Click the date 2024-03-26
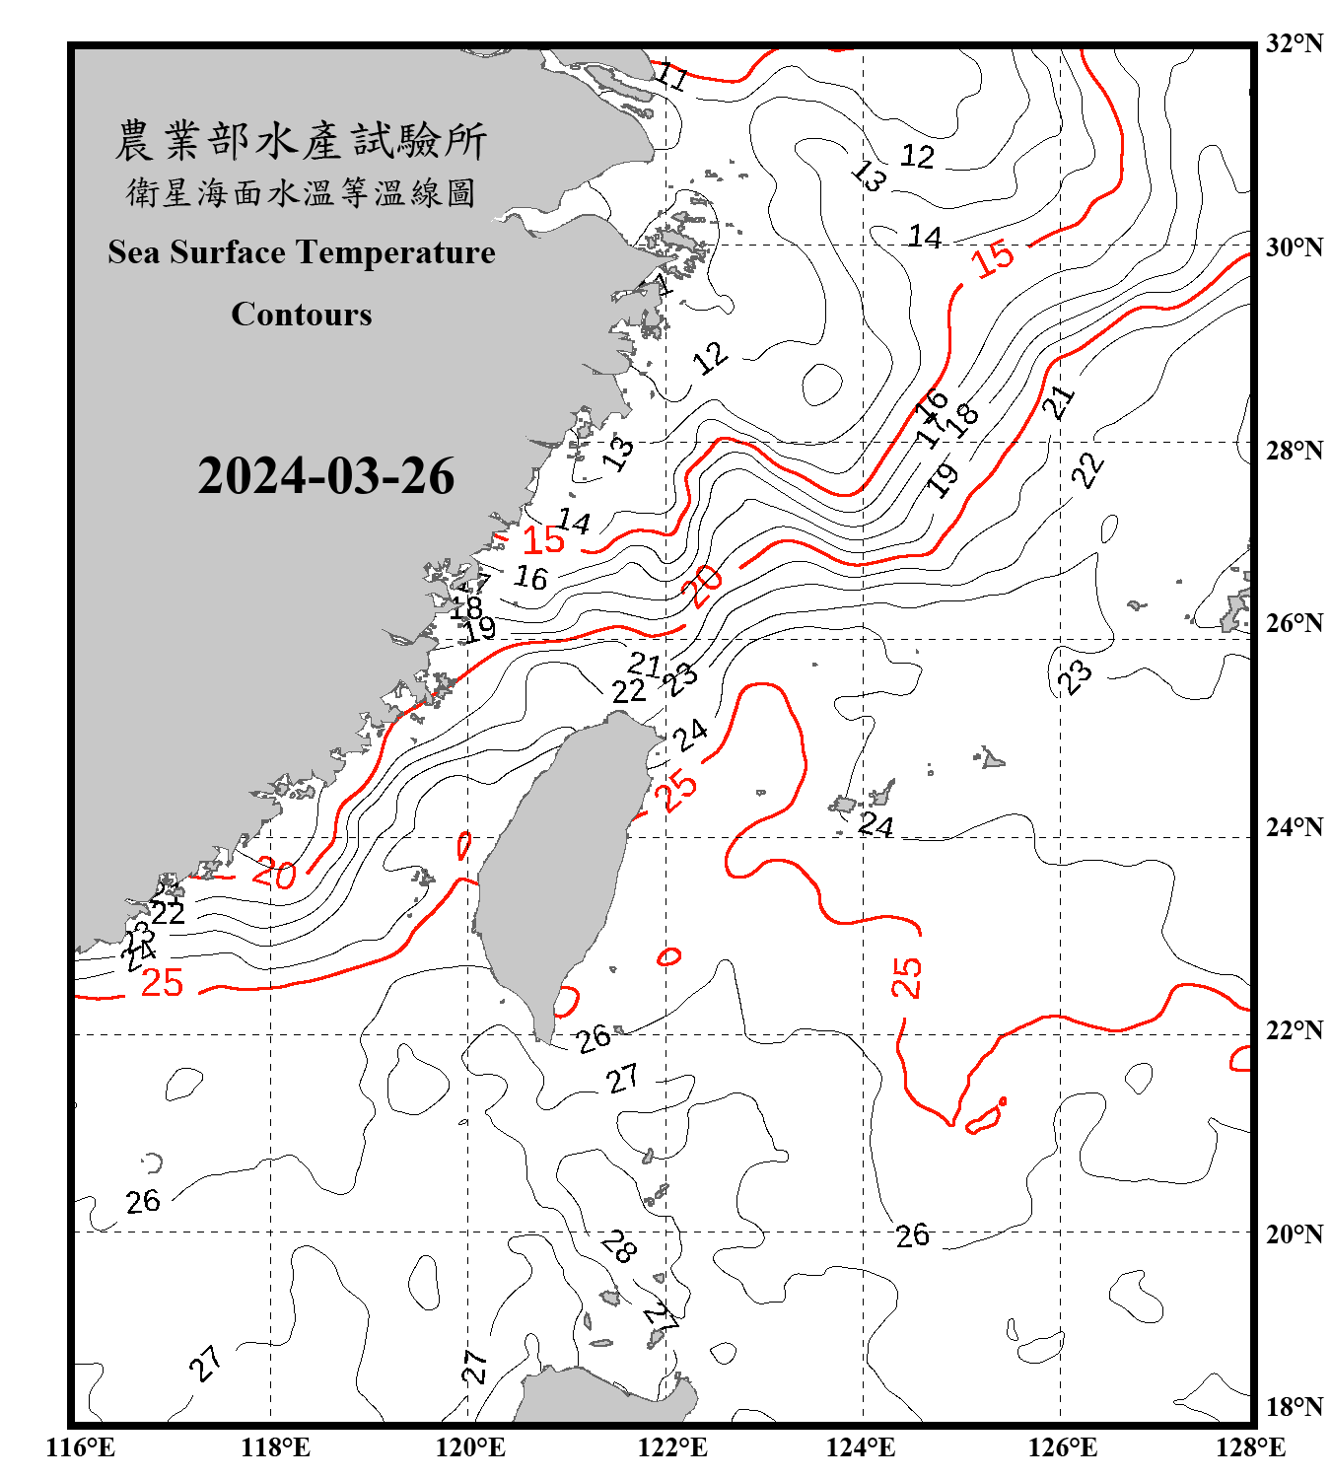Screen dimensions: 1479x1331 (x=325, y=476)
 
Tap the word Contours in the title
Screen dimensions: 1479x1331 (x=302, y=315)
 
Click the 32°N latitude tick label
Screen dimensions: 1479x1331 (x=1294, y=43)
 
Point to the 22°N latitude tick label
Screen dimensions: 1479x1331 (x=1294, y=1030)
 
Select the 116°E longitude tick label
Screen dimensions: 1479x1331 (x=81, y=1447)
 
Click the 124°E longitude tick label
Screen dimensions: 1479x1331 (x=861, y=1447)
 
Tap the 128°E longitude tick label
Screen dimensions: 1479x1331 (x=1250, y=1447)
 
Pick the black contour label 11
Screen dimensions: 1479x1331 (x=672, y=76)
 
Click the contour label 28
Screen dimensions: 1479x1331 (x=619, y=1245)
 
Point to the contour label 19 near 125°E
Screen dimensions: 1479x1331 (x=944, y=478)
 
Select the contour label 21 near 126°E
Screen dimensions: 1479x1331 (x=1059, y=402)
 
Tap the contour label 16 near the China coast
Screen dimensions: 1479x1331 (x=530, y=577)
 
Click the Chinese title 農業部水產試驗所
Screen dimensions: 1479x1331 (x=301, y=140)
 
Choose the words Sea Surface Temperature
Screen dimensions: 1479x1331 (x=302, y=252)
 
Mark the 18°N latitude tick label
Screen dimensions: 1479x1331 (x=1294, y=1406)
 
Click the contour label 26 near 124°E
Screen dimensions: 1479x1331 (x=912, y=1234)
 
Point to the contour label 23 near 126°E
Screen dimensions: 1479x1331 (x=1075, y=676)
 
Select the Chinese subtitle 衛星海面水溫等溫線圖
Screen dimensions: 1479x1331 (x=301, y=192)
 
